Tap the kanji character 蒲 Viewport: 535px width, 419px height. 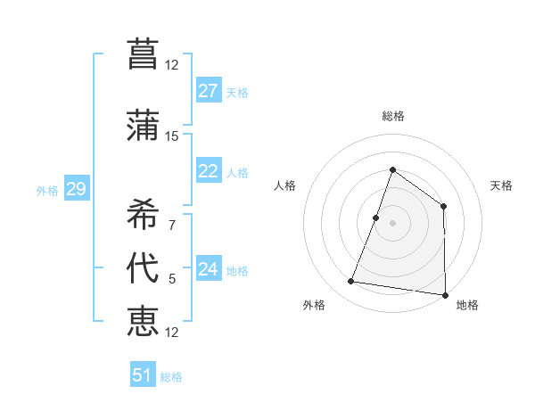[143, 124]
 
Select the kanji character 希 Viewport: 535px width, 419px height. [143, 212]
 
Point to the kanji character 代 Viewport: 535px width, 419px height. [143, 267]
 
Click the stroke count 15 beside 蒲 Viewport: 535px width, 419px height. [172, 136]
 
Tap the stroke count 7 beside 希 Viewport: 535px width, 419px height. [172, 225]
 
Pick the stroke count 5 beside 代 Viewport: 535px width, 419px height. [172, 279]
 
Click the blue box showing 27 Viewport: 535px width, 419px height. [209, 91]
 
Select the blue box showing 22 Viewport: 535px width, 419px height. [209, 171]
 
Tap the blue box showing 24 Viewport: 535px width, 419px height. [209, 269]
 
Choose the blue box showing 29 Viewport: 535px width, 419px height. [76, 189]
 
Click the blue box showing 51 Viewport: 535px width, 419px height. [143, 375]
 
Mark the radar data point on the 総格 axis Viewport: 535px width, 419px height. [392, 169]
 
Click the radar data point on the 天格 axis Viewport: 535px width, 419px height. [443, 207]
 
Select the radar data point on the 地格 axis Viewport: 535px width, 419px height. [445, 295]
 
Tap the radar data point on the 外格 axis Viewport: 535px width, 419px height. [351, 282]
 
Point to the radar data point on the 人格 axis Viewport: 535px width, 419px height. [376, 218]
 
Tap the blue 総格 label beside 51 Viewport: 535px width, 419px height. [171, 377]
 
